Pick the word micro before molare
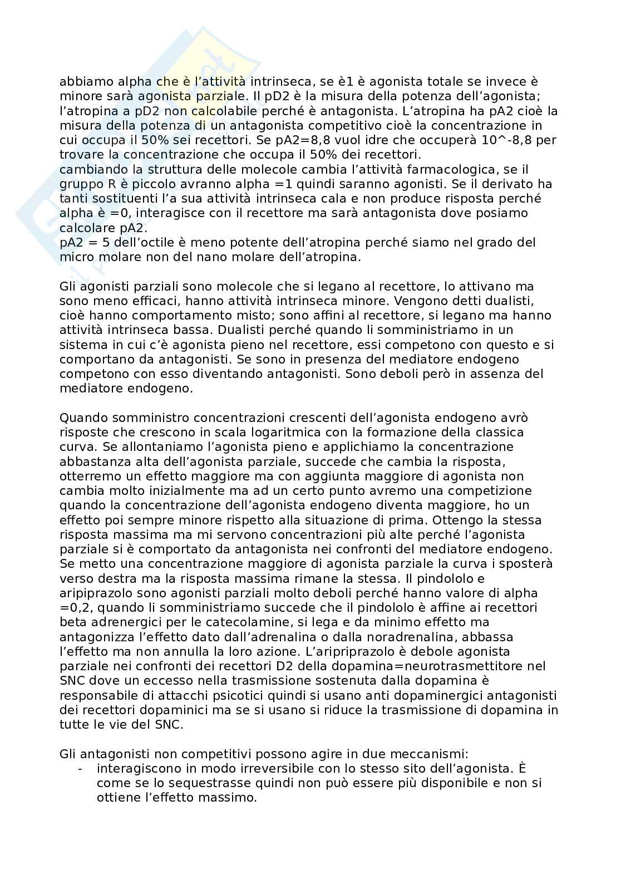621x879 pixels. (76, 257)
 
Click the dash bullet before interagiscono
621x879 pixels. (81, 768)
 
